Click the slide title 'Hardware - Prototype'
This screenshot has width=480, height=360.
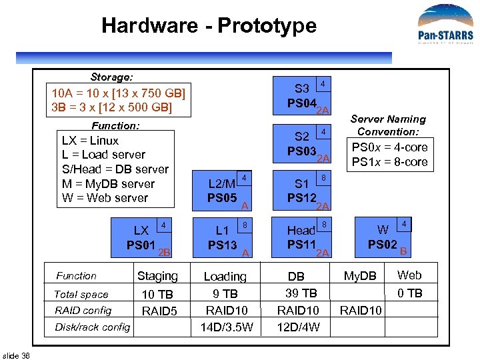tap(209, 26)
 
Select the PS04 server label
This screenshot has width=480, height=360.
tap(301, 103)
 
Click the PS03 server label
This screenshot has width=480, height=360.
tap(301, 151)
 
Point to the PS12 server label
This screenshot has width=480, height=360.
tap(301, 198)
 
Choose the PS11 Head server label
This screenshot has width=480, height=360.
tap(301, 245)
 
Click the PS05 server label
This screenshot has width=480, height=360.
tap(222, 198)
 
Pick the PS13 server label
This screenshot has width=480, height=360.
tap(222, 245)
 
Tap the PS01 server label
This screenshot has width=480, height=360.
tap(141, 245)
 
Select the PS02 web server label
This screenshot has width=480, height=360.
tap(383, 245)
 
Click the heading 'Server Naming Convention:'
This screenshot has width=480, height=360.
tap(388, 125)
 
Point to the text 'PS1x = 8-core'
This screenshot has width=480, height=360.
tap(389, 162)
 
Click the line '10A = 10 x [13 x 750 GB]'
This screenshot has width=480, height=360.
tap(119, 93)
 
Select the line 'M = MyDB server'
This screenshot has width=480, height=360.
tap(108, 183)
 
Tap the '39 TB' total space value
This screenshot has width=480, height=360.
tap(301, 293)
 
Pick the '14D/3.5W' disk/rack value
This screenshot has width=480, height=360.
tap(227, 327)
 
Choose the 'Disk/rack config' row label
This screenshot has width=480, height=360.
tap(93, 327)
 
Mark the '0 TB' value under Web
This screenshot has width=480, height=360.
tap(409, 293)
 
